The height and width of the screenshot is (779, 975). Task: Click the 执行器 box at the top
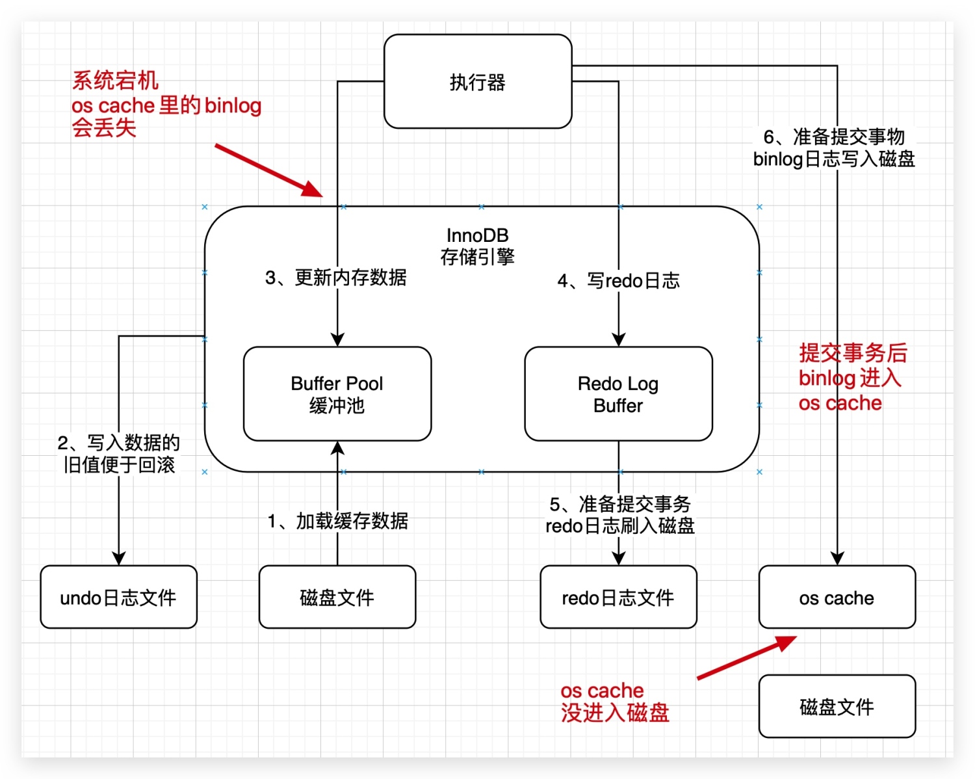(478, 82)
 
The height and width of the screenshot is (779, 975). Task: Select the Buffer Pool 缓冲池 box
(337, 394)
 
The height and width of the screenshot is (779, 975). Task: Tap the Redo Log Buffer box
(618, 394)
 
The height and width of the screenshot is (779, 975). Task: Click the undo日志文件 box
(118, 597)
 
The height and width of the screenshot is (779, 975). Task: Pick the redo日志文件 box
(618, 597)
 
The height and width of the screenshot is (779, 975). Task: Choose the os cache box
(837, 597)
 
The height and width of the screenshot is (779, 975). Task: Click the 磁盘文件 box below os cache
(837, 706)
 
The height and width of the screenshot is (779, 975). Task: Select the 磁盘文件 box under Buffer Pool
(337, 597)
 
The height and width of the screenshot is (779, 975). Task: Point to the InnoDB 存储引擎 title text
(478, 246)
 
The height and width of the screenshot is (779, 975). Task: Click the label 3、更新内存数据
(335, 278)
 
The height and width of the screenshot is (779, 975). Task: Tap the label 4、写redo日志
(618, 281)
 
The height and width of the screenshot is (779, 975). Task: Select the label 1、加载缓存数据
(337, 521)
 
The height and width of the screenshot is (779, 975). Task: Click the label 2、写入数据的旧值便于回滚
(118, 454)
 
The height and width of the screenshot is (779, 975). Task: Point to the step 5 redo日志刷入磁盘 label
(619, 515)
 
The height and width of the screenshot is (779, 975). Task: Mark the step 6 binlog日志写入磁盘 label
(834, 148)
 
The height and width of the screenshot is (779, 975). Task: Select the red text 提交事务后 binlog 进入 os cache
(851, 378)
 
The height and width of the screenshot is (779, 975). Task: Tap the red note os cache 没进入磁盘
(614, 702)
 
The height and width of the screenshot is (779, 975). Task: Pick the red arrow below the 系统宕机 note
(268, 170)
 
